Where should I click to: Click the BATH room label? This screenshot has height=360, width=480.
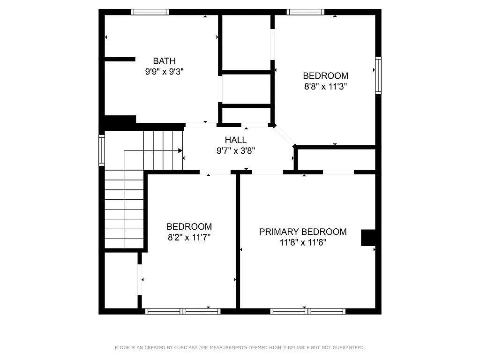coord(165,61)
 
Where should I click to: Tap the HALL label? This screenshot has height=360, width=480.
coord(235,140)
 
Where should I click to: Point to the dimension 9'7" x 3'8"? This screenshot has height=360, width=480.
coord(235,150)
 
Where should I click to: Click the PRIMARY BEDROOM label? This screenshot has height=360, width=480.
coord(303,232)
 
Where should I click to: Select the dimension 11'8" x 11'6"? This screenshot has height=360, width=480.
coord(303,242)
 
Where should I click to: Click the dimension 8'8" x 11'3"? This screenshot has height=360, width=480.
coord(325,86)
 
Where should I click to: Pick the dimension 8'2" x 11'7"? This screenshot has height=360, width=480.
coord(189,237)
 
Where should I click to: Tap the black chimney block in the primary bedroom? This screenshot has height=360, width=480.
coord(368,238)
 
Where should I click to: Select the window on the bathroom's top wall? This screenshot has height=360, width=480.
coord(150,12)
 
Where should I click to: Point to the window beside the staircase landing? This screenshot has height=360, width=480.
coord(101,150)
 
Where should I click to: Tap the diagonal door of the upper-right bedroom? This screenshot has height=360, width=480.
coord(285,135)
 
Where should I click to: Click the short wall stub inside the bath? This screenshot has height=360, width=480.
coord(120,59)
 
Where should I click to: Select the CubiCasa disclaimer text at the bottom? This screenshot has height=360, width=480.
coord(240,348)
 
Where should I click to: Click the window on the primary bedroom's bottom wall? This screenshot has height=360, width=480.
coord(308,311)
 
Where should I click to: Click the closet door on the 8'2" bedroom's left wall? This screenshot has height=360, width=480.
coord(140,279)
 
